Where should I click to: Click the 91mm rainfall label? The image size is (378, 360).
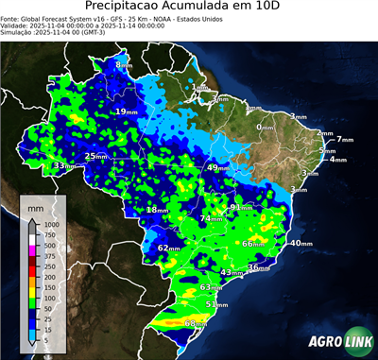pos(240,207)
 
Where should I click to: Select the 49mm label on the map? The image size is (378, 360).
pos(216,167)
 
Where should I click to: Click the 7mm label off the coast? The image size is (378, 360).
pos(344,140)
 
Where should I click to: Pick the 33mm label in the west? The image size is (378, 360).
pos(63,166)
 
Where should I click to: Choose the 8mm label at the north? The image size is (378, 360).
pos(124,64)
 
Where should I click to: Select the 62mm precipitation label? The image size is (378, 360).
pos(168,249)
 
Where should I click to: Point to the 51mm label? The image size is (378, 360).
pos(216,305)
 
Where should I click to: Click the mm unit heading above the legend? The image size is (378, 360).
pos(35,204)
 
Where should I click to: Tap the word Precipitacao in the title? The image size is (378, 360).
pos(129,9)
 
